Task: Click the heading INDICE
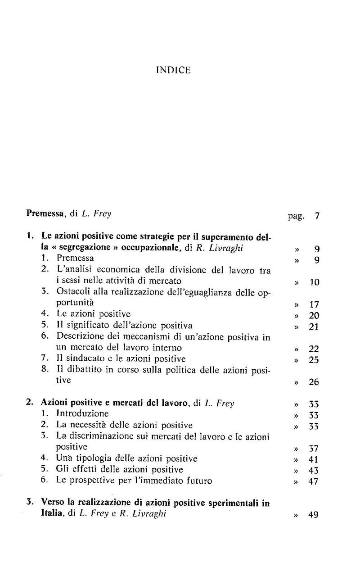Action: pyautogui.click(x=173, y=70)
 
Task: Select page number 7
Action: pyautogui.click(x=317, y=215)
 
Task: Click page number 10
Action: pyautogui.click(x=314, y=282)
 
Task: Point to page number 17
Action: pyautogui.click(x=314, y=304)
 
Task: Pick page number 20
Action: pyautogui.click(x=314, y=316)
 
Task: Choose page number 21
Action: pyautogui.click(x=314, y=327)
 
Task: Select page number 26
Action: pyautogui.click(x=314, y=382)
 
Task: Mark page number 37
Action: pyautogui.click(x=314, y=449)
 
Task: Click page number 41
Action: pyautogui.click(x=314, y=460)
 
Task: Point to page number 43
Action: pyautogui.click(x=314, y=471)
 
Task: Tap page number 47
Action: pyautogui.click(x=314, y=481)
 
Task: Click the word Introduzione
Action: pyautogui.click(x=82, y=413)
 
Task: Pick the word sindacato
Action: pyautogui.click(x=85, y=359)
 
